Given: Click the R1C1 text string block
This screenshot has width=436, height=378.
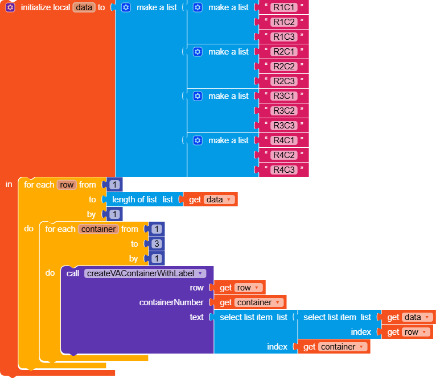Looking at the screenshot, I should [x=284, y=7].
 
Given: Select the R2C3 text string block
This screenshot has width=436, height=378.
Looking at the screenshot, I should [x=284, y=81].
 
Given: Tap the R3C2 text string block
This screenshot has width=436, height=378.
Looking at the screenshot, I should [x=284, y=111].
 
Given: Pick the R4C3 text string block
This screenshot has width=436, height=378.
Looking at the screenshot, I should [x=284, y=170].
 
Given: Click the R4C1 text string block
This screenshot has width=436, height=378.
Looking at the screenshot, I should [x=284, y=140].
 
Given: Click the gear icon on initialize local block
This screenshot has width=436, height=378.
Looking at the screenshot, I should [x=10, y=7].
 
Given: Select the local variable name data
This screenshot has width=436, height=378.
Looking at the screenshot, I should [x=83, y=7].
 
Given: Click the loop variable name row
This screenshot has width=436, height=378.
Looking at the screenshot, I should [x=67, y=185].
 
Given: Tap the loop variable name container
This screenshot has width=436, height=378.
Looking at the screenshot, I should [x=98, y=229].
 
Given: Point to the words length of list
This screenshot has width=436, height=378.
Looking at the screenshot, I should [x=134, y=200].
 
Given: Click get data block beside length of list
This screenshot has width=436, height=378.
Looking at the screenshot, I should [x=211, y=200].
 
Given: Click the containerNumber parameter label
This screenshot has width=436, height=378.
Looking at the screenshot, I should [x=171, y=303].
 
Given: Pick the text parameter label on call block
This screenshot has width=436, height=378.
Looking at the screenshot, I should [x=196, y=317].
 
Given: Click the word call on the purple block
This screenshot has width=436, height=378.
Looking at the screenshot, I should [x=73, y=273].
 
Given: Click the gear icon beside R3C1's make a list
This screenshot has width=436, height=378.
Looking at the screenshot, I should [x=198, y=96].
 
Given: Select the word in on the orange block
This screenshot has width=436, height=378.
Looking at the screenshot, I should [x=9, y=184].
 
